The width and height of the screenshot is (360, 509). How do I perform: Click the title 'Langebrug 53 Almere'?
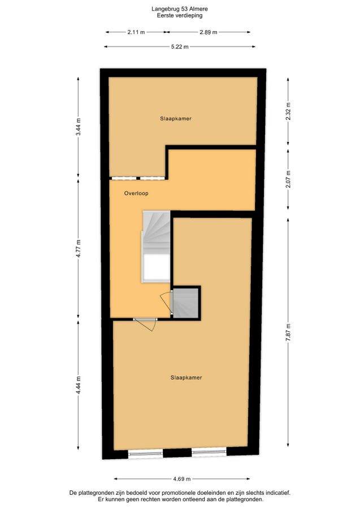point(180,9)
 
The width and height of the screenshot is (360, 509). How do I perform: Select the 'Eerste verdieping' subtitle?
point(180,15)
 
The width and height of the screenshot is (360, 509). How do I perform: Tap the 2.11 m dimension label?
point(136,32)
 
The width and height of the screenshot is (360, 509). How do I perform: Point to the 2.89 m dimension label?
point(208,32)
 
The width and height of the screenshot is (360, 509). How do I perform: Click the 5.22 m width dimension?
point(180,47)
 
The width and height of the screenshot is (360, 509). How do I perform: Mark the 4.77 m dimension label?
point(78,248)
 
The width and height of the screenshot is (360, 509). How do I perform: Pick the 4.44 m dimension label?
point(78,385)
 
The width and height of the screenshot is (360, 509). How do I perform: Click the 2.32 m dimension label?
point(288,111)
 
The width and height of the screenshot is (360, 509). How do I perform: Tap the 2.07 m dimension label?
point(288,179)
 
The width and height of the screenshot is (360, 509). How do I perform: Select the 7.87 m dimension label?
point(288,332)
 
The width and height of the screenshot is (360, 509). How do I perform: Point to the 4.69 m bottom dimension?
point(182,478)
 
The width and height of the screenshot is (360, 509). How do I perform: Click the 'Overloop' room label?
point(136,193)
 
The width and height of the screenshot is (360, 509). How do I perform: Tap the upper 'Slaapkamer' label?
point(176,119)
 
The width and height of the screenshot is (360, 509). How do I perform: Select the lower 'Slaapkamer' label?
point(186,378)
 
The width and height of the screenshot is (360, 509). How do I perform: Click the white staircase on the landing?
point(155,247)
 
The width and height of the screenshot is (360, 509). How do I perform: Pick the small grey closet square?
point(185,303)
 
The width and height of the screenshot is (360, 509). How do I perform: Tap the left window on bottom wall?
point(145,453)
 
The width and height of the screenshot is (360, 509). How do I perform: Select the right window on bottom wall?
point(209,451)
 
